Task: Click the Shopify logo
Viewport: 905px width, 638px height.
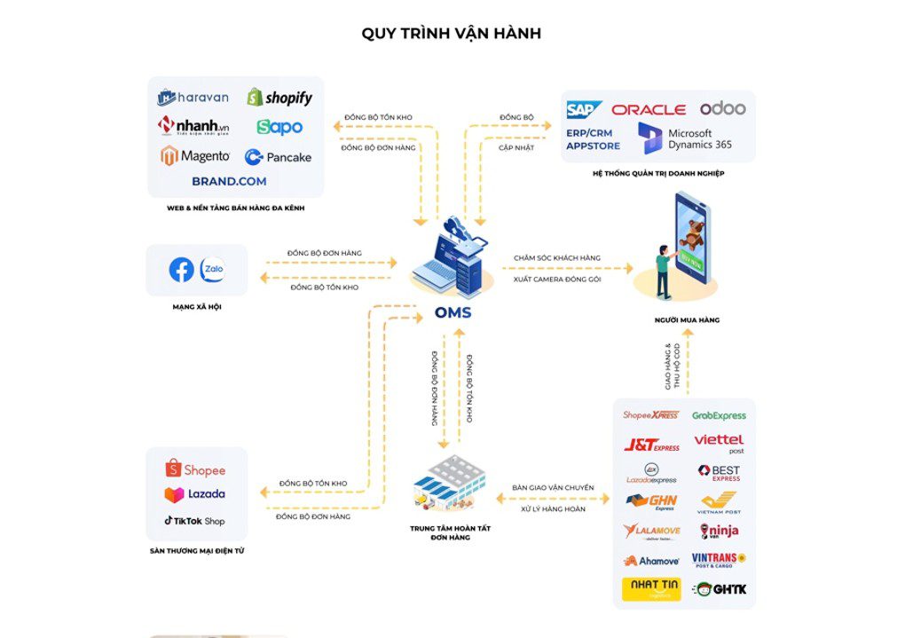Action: [279, 98]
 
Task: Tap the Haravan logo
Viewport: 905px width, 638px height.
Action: [193, 98]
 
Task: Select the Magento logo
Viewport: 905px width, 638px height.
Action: [195, 156]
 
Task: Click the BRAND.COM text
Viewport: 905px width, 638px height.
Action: [229, 181]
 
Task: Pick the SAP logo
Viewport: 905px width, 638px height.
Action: [584, 109]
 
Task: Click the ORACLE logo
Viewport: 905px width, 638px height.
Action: [649, 109]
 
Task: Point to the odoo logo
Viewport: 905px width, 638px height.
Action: [722, 108]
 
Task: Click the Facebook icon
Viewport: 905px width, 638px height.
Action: [181, 270]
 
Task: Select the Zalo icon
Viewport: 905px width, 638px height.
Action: [212, 270]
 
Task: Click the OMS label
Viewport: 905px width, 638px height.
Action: [452, 312]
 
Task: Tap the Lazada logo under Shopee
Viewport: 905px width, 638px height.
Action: [194, 494]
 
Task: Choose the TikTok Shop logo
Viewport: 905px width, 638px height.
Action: [194, 521]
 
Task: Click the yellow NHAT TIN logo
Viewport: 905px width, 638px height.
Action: [651, 588]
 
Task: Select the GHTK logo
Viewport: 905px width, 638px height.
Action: [719, 588]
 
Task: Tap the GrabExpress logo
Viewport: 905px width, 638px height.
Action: [719, 415]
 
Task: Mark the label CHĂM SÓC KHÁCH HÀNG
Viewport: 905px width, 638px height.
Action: [556, 258]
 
